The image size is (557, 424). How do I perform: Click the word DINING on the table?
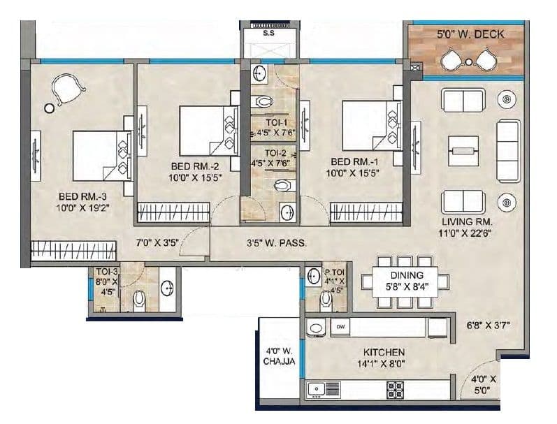pyautogui.click(x=406, y=275)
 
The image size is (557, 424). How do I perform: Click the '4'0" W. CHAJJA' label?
pyautogui.click(x=277, y=356)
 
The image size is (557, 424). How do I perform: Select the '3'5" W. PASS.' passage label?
pyautogui.click(x=278, y=244)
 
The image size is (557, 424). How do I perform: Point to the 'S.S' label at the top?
pyautogui.click(x=268, y=32)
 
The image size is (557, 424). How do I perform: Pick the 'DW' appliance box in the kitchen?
pyautogui.click(x=341, y=326)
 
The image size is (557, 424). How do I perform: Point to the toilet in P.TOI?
pyautogui.click(x=326, y=299)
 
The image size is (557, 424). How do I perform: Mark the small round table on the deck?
pyautogui.click(x=468, y=63)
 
